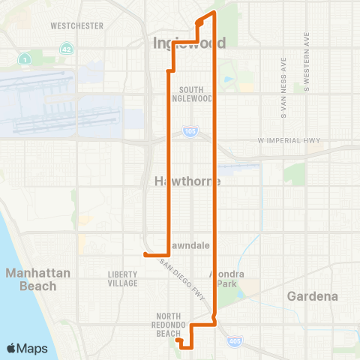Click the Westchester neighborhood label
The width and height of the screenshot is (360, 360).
click(76, 25)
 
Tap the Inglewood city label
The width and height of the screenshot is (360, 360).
click(189, 43)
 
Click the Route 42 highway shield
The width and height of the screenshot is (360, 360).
click(66, 48)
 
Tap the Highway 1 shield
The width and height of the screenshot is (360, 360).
click(25, 58)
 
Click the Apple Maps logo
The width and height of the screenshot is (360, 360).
click(27, 348)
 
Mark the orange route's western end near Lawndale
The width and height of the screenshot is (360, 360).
click(145, 254)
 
